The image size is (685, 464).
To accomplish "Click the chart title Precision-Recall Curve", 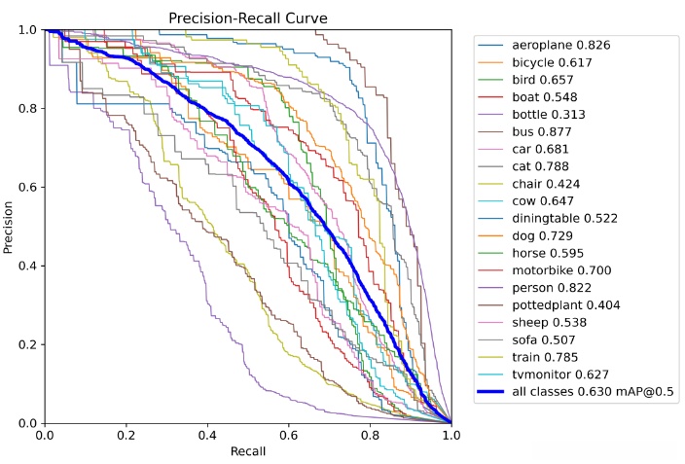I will (x=247, y=18).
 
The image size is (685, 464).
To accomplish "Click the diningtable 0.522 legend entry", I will (x=564, y=219).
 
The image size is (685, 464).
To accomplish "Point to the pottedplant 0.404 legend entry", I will (x=566, y=305).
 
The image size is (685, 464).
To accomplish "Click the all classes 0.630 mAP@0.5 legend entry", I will (x=595, y=392).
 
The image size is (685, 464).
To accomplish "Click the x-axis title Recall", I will (x=247, y=451).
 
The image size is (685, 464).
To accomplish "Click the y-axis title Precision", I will (x=10, y=226).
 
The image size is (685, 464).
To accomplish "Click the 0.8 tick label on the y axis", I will (x=30, y=109).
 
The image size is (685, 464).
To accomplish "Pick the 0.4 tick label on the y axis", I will (x=30, y=267).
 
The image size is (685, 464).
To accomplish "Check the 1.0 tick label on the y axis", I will (x=30, y=30).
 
